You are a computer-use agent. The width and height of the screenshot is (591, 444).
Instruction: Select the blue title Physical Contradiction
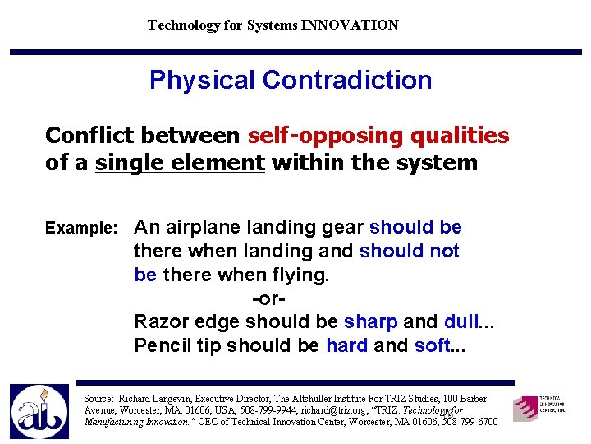(x=291, y=80)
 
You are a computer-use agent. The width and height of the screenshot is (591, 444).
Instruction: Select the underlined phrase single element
(x=180, y=162)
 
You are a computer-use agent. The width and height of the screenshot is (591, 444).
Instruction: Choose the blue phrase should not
(x=409, y=251)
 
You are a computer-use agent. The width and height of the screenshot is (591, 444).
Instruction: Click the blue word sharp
(x=371, y=321)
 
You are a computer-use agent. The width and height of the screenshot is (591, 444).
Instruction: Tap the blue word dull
(x=461, y=321)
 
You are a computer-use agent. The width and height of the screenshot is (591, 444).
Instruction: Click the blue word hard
(x=346, y=345)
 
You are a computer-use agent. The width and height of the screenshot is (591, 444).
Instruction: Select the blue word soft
(x=433, y=345)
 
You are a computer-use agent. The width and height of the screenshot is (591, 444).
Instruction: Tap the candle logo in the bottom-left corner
(x=39, y=410)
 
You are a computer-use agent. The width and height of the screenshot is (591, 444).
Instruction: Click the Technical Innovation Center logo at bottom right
(x=538, y=407)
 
